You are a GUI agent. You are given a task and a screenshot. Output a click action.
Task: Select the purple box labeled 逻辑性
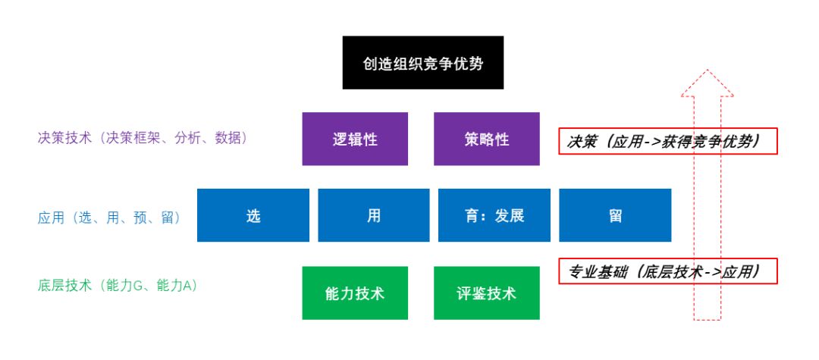[x=355, y=139]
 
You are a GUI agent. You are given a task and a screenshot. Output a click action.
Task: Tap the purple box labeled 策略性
[x=486, y=139]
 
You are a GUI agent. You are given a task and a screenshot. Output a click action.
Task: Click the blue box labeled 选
[x=253, y=215]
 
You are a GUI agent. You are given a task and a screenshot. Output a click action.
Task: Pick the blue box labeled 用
[x=373, y=215]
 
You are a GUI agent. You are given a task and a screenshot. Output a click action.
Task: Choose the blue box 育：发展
[x=494, y=215]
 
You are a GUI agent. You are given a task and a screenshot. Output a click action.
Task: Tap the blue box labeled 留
[x=615, y=215]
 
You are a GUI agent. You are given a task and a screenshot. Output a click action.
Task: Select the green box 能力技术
[x=355, y=293]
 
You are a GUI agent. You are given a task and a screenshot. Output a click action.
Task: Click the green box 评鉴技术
[x=486, y=293]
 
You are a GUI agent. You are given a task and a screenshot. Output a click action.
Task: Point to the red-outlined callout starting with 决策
[x=668, y=140]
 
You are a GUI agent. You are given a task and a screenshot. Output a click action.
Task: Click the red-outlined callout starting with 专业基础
[x=668, y=271]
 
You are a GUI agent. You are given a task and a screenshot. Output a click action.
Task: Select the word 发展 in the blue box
[x=509, y=215]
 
